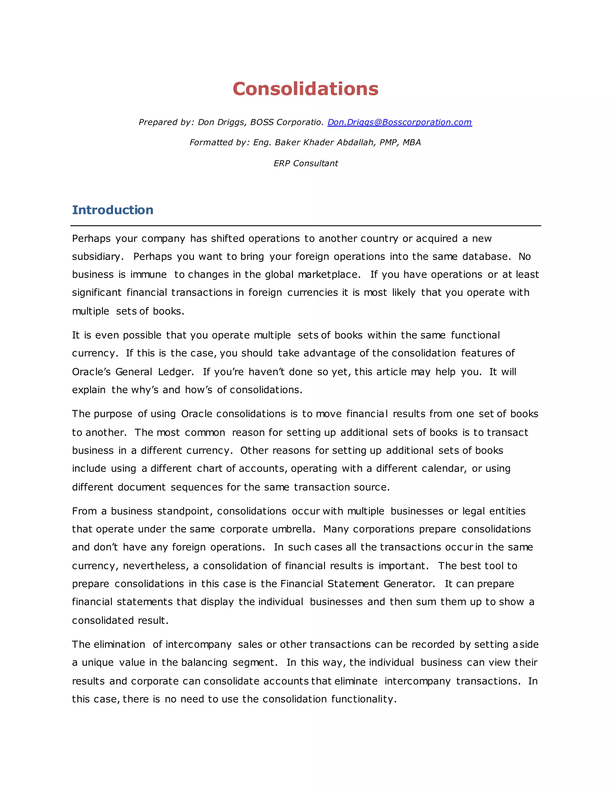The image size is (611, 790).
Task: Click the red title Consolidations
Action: click(305, 89)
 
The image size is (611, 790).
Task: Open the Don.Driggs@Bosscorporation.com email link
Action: click(399, 122)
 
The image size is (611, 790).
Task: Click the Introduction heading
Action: click(112, 210)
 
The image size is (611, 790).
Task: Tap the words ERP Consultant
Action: click(305, 163)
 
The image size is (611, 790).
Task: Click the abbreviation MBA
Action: click(411, 142)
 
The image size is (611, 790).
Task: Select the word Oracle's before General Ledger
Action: click(91, 372)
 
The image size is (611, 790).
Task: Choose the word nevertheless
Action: click(156, 566)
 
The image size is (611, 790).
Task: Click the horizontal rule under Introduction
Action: click(305, 226)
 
